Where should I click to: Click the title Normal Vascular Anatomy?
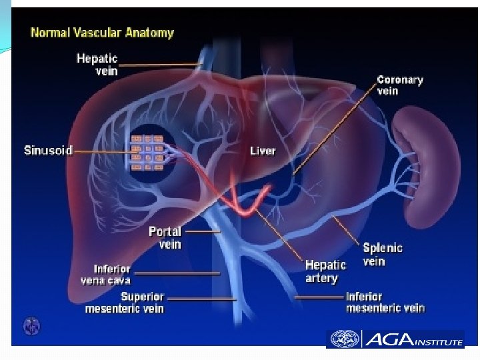[x=102, y=33]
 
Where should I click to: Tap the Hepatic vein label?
[x=97, y=65]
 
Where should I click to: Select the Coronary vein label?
[x=399, y=85]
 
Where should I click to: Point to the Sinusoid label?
[x=47, y=151]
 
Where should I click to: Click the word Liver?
[x=263, y=151]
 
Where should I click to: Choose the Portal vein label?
[x=165, y=238]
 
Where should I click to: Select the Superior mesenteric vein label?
[x=125, y=303]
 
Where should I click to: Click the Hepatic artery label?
[x=325, y=272]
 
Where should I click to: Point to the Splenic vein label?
[x=382, y=254]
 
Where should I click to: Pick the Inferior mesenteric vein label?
[x=385, y=302]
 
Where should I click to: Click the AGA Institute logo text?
[x=413, y=339]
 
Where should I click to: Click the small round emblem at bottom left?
[x=31, y=326]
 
